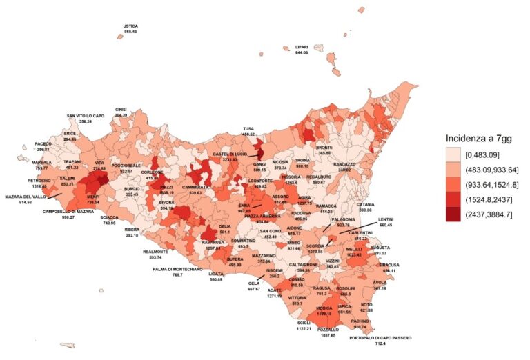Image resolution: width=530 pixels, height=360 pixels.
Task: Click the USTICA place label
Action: pyautogui.click(x=130, y=26)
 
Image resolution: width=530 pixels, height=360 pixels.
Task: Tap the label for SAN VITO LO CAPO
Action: pyautogui.click(x=86, y=115)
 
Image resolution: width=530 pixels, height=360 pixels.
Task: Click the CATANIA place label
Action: pyautogui.click(x=366, y=204)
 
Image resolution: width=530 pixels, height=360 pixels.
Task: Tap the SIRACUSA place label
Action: pyautogui.click(x=389, y=264)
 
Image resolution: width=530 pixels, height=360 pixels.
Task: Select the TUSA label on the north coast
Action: pyautogui.click(x=248, y=128)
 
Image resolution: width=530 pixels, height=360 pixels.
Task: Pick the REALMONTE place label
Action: pyautogui.click(x=155, y=252)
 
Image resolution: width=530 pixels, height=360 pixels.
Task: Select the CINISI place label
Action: pyautogui.click(x=121, y=109)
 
